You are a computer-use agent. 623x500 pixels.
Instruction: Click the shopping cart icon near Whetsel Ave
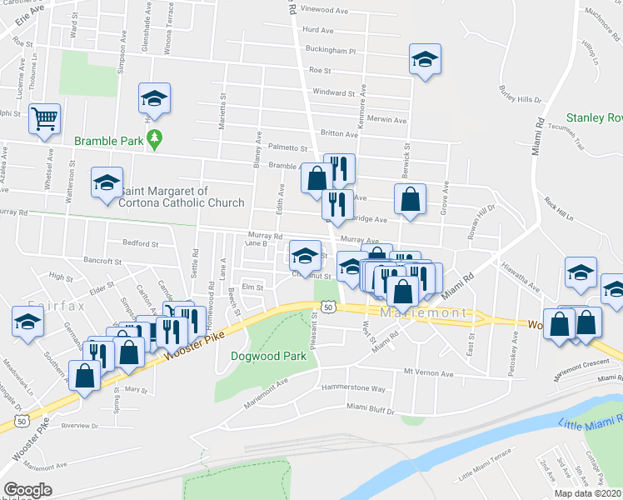pos(43,117)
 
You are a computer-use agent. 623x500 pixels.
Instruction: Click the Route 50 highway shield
pos(330,307)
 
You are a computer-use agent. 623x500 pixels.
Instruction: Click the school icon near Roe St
pos(425,60)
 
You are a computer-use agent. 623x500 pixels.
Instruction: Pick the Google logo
pos(28,490)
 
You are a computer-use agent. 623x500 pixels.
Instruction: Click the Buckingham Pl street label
pos(331,50)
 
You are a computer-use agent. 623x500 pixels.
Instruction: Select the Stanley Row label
pos(594,117)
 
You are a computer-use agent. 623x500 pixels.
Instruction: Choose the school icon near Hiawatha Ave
pos(581,272)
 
